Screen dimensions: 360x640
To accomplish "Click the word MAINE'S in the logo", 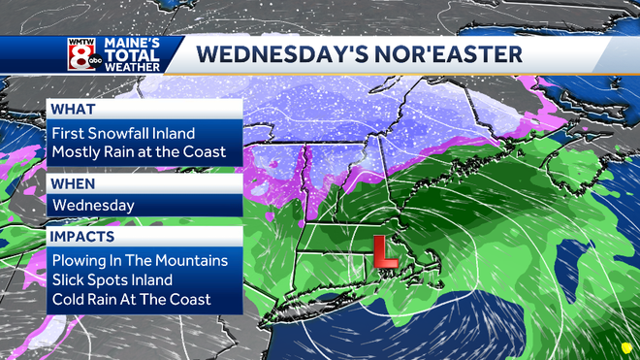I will (135, 44).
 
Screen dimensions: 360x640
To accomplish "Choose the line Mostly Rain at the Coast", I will (139, 152).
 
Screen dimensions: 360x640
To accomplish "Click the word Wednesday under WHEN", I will (95, 206).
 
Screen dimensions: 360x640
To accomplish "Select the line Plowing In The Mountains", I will (140, 260).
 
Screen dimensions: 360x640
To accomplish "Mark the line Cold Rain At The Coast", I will (131, 299).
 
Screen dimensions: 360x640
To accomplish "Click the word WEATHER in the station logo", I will (135, 68).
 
